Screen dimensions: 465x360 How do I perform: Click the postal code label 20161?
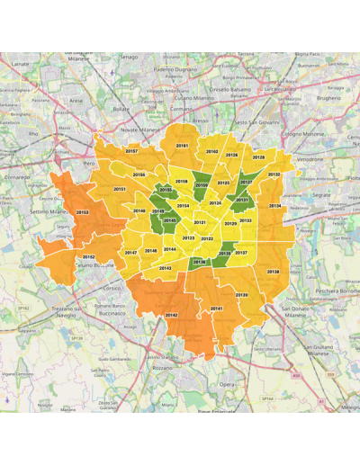[182, 145]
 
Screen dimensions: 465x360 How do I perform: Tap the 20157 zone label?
[131, 151]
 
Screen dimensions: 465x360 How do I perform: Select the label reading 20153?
[82, 212]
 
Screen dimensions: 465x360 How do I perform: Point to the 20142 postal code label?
[171, 315]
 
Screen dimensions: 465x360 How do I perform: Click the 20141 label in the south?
[216, 309]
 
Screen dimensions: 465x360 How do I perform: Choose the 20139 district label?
[241, 295]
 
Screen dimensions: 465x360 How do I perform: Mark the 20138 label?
[273, 272]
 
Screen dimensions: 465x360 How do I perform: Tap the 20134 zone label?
[274, 206]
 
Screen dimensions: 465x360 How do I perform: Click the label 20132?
[274, 174]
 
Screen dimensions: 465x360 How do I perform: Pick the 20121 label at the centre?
[200, 222]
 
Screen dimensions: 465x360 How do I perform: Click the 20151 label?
[120, 190]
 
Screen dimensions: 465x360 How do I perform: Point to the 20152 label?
[88, 256]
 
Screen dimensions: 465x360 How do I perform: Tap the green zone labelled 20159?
[202, 185]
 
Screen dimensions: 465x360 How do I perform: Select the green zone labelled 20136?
[199, 262]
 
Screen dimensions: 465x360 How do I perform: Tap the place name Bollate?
[121, 108]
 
